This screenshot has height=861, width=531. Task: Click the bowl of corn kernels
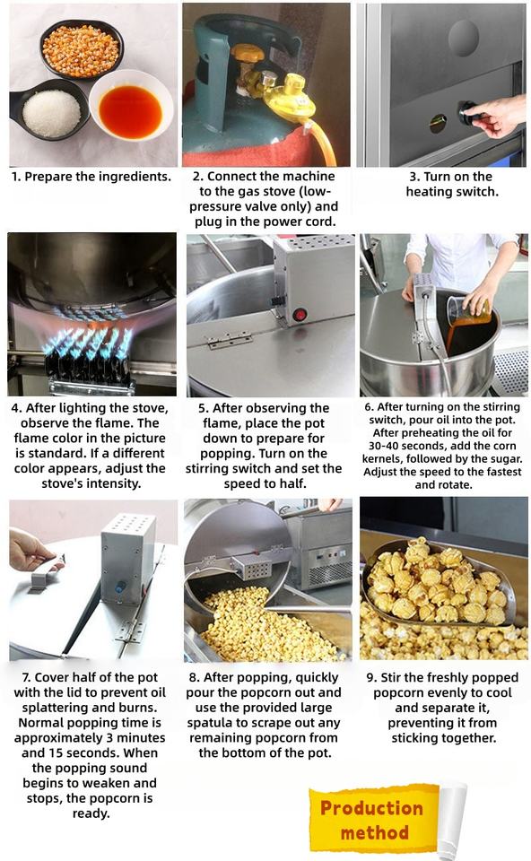coord(81,48)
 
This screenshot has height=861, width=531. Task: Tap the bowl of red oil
coord(131,107)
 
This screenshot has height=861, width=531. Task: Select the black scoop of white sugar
coord(49,109)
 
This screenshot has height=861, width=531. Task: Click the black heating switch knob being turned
coord(468,114)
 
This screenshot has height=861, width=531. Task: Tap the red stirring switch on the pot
coord(300,315)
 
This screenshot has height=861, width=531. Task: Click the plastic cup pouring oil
coord(468,309)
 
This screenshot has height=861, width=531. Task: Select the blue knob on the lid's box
coord(119,587)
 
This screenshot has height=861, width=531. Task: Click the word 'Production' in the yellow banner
coord(371,808)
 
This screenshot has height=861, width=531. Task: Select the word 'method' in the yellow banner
coord(375,832)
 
